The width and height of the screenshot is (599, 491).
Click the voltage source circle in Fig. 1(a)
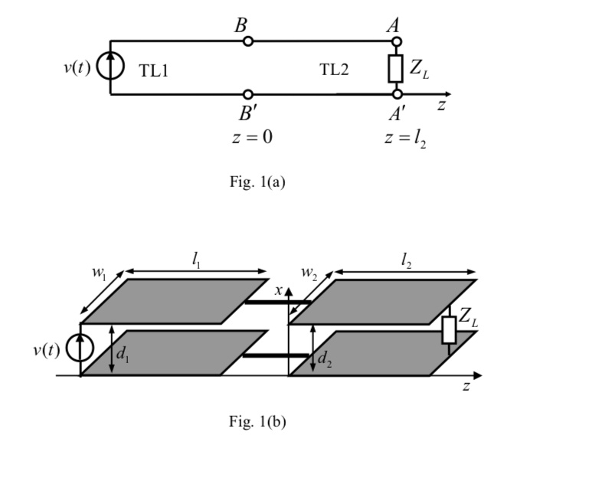click(x=110, y=67)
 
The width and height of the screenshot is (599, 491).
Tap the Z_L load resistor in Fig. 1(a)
click(x=396, y=68)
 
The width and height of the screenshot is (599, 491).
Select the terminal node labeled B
click(x=247, y=41)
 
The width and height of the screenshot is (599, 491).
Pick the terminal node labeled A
click(x=396, y=41)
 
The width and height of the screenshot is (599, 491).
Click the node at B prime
click(x=247, y=94)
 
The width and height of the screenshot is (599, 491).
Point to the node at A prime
click(x=396, y=94)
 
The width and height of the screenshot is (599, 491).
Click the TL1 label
click(x=153, y=71)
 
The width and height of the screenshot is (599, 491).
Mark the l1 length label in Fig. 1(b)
click(x=198, y=260)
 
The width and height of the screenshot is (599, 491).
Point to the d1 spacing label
click(x=123, y=353)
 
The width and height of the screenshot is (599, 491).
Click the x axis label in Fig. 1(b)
click(x=280, y=290)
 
